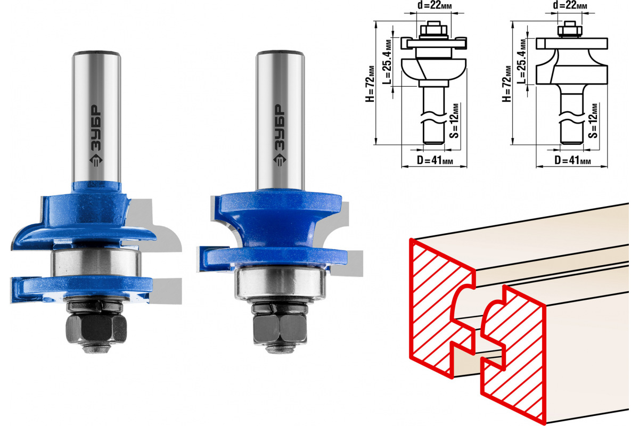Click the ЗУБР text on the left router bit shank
pyautogui.click(x=96, y=128)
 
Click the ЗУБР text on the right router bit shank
pyautogui.click(x=279, y=127)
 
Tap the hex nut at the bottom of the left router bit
pyautogui.click(x=96, y=328)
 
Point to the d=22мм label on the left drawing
pyautogui.click(x=435, y=5)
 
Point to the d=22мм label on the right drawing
pyautogui.click(x=570, y=5)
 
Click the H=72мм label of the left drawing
pyautogui.click(x=370, y=84)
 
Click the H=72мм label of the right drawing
pyautogui.click(x=507, y=84)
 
